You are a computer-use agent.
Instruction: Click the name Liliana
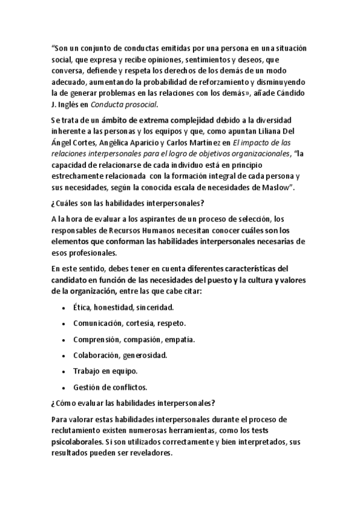point(289,131)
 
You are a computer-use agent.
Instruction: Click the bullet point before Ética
point(64,309)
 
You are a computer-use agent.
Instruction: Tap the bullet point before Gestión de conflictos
point(64,387)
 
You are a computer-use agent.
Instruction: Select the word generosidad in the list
point(145,355)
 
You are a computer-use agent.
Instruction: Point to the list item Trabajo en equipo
point(106,371)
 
